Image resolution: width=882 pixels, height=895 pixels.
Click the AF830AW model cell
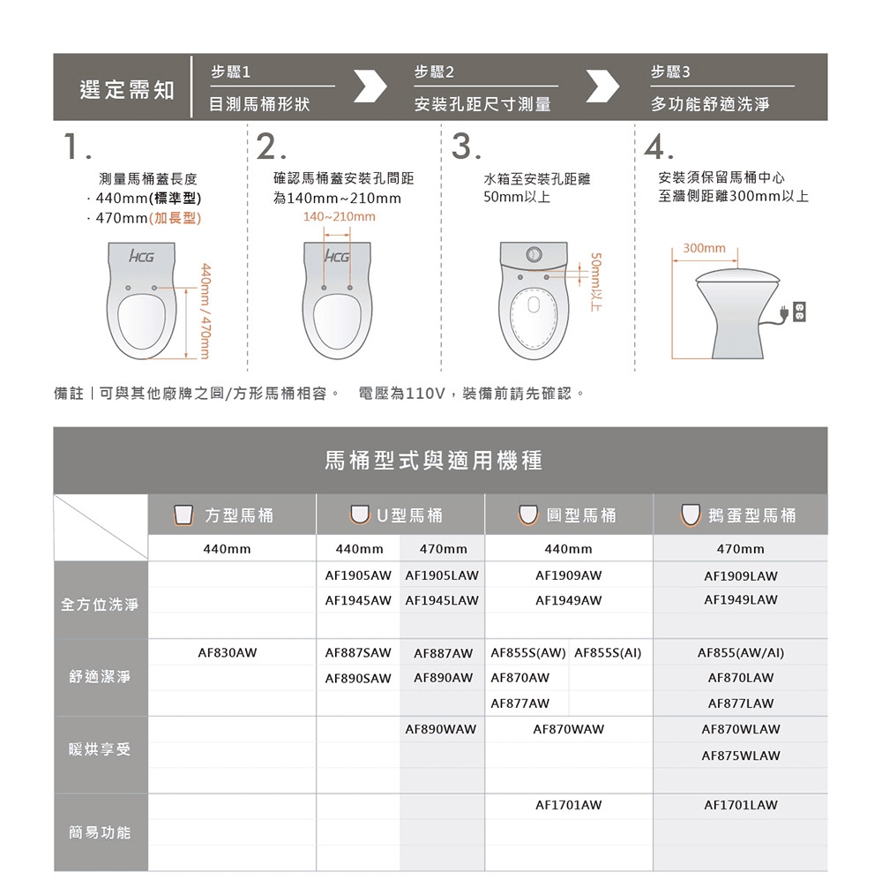point(228,653)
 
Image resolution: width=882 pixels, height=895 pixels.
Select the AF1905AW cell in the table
point(357,575)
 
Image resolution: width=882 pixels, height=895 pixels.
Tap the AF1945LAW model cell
point(441,600)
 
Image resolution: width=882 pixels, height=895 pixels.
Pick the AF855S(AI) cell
point(607,653)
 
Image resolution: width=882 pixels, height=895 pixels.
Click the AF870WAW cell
point(569,730)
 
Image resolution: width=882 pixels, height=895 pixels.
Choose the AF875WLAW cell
point(740,756)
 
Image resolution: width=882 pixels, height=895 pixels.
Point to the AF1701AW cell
point(569,805)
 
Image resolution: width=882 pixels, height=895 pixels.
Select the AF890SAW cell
point(357,678)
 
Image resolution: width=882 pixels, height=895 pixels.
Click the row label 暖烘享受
point(100,749)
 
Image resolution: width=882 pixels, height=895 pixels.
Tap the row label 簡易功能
point(100,832)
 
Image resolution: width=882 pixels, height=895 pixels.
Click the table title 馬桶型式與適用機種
point(433,460)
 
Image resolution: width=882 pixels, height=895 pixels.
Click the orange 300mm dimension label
point(704,249)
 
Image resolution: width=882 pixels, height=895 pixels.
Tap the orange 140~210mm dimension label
point(339,217)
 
